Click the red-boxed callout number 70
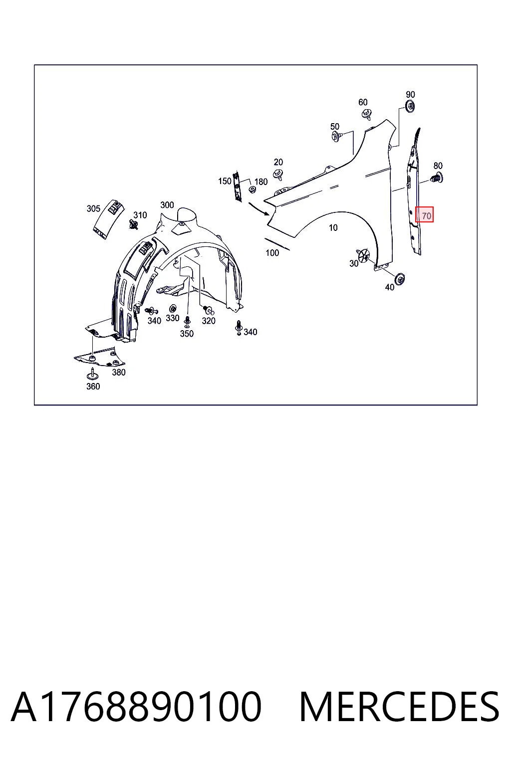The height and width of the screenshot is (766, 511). tap(426, 216)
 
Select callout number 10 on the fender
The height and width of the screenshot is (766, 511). tap(333, 228)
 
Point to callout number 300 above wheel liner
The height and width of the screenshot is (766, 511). tap(167, 205)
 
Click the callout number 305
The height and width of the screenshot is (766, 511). tap(93, 208)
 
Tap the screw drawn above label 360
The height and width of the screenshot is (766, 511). tap(92, 373)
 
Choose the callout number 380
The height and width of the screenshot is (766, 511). tap(119, 372)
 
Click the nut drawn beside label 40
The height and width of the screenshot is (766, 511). tap(399, 279)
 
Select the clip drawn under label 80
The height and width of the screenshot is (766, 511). tap(437, 178)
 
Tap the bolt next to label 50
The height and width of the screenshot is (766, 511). tap(336, 137)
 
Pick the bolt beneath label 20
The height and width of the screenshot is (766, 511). tap(278, 175)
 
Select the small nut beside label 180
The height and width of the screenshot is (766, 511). tap(253, 189)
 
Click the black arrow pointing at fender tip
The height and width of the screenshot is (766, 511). tap(259, 209)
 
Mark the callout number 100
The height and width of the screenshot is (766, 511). tap(272, 253)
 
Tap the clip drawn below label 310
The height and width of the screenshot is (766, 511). tap(134, 224)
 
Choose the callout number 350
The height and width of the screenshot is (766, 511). tap(187, 334)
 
